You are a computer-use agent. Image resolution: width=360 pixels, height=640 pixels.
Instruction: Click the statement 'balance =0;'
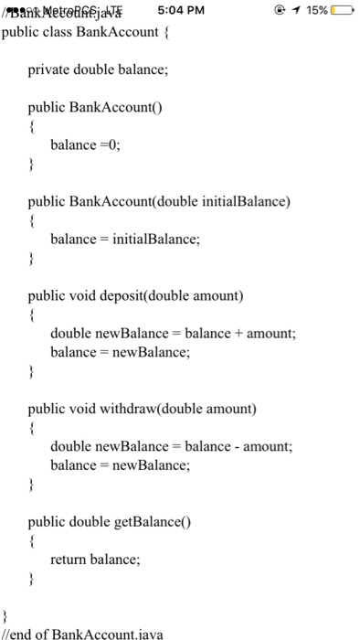click(x=85, y=144)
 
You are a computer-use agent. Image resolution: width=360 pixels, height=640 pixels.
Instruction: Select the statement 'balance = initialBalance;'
click(x=124, y=239)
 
